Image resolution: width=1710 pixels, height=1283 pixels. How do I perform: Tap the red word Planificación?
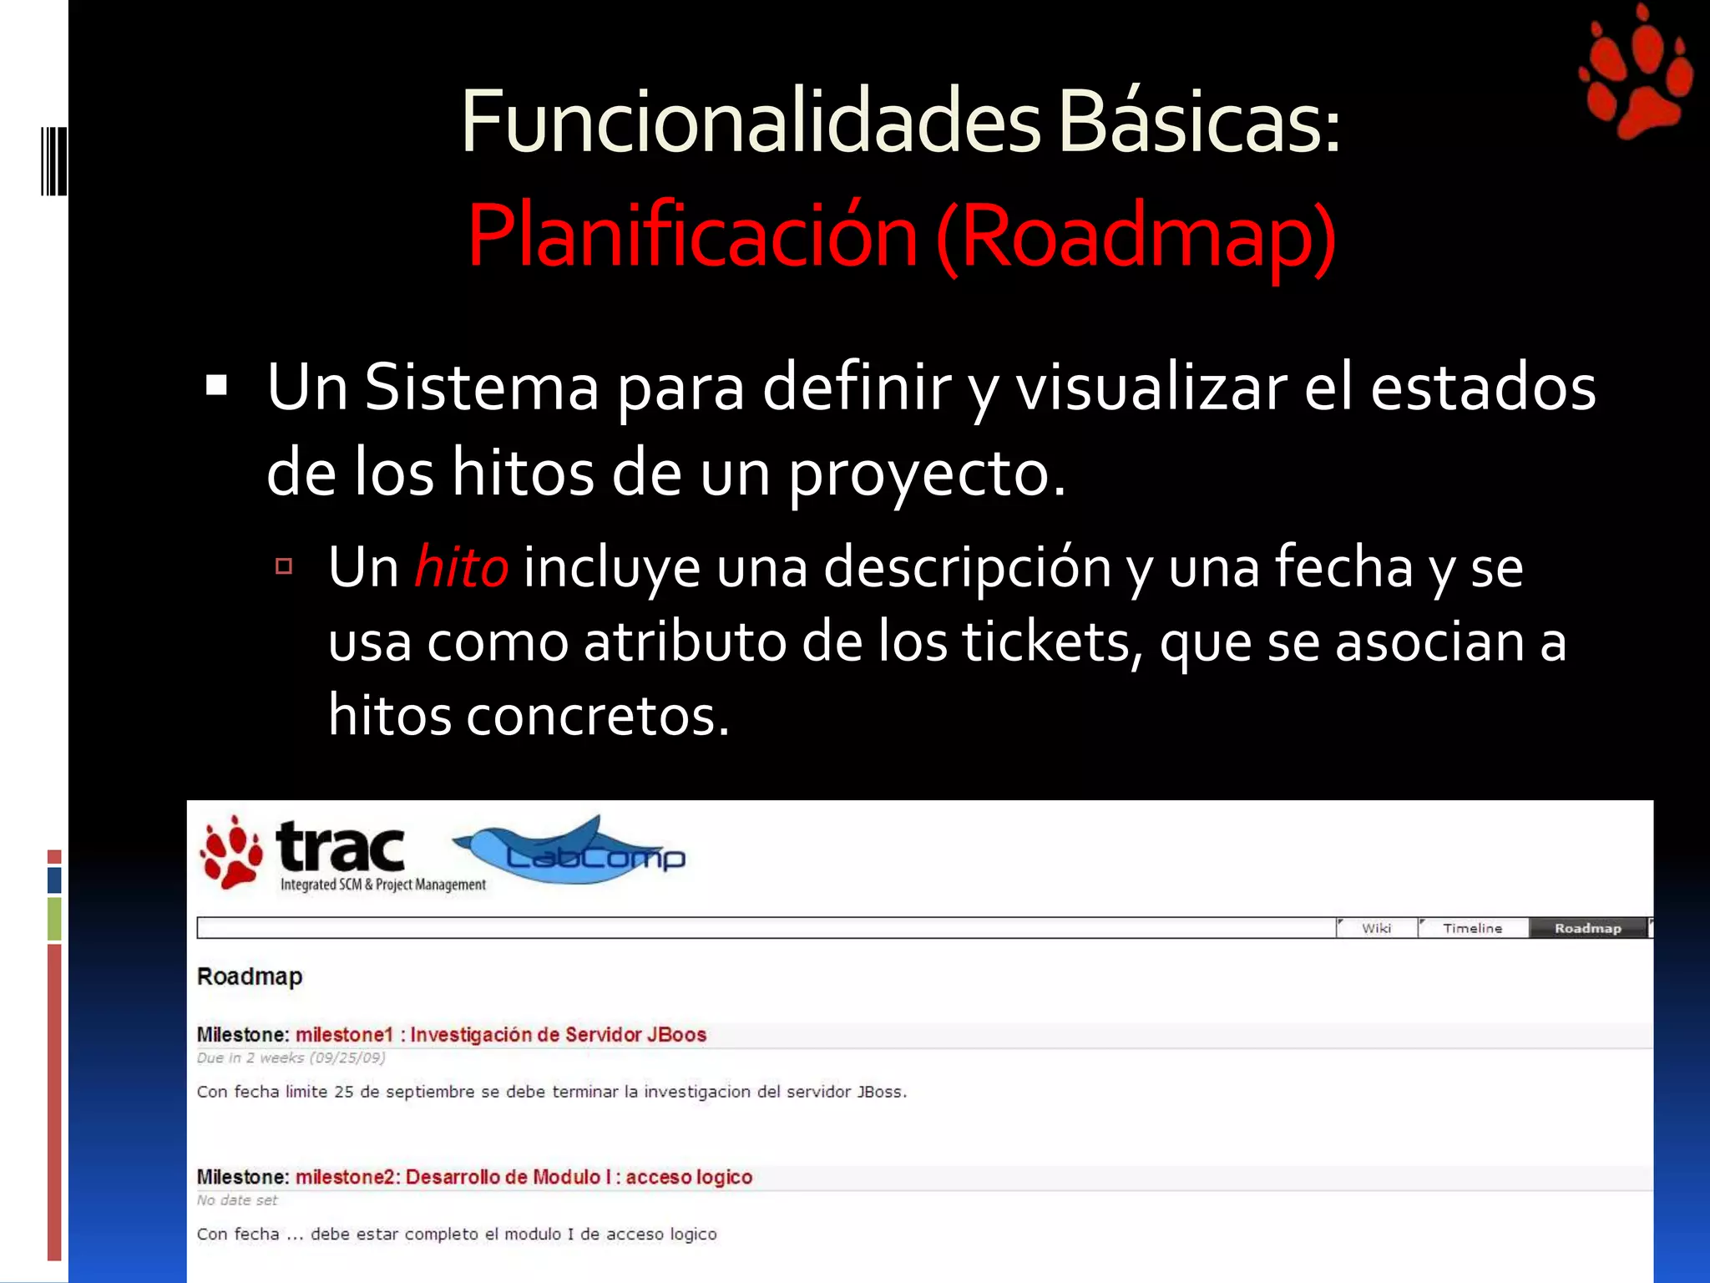pyautogui.click(x=692, y=237)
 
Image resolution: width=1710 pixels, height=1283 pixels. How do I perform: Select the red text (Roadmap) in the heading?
pyautogui.click(x=1136, y=237)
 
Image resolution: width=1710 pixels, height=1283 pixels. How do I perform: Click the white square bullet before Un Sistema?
pyautogui.click(x=216, y=385)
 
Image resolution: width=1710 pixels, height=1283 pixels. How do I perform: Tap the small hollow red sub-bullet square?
pyautogui.click(x=284, y=567)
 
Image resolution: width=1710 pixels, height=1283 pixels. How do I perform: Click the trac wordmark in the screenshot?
pyautogui.click(x=341, y=847)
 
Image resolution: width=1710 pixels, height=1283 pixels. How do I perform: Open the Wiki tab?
pyautogui.click(x=1376, y=928)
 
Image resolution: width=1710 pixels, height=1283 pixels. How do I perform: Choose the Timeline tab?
pyautogui.click(x=1472, y=928)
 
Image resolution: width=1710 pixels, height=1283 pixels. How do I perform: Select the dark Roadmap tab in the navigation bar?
pyautogui.click(x=1587, y=928)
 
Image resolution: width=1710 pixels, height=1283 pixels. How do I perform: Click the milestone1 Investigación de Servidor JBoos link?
pyautogui.click(x=501, y=1035)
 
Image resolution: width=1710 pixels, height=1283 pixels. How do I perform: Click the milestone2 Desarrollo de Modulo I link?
pyautogui.click(x=524, y=1177)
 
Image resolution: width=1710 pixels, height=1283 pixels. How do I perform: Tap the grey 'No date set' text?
pyautogui.click(x=237, y=1200)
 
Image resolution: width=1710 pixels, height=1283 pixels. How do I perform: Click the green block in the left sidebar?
pyautogui.click(x=54, y=919)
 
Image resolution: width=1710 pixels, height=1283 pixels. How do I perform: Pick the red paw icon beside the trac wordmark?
pyautogui.click(x=231, y=852)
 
